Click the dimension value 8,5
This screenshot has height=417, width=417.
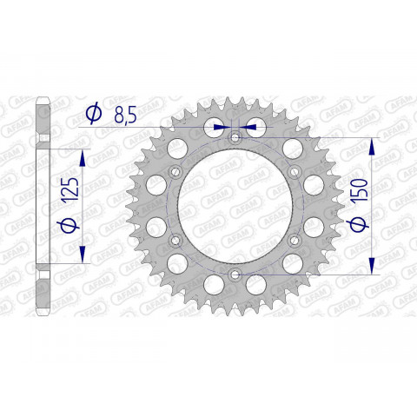click(x=123, y=116)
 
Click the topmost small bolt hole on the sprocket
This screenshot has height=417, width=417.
click(x=235, y=137)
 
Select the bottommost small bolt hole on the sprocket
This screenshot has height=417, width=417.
click(x=235, y=275)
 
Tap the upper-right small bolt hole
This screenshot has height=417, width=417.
click(x=295, y=171)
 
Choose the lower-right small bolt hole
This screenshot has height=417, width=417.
click(x=295, y=240)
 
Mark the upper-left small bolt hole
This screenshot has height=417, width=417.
click(x=175, y=171)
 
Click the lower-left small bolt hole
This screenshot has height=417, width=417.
click(x=175, y=240)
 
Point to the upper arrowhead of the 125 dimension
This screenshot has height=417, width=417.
click(x=83, y=156)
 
